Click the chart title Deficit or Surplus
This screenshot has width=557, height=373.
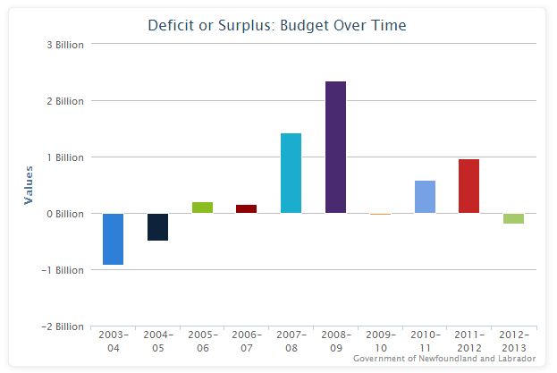[x=277, y=25]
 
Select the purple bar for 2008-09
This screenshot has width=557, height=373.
[x=335, y=148]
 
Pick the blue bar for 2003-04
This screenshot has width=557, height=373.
[x=113, y=239]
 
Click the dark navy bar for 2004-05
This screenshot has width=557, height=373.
[x=157, y=227]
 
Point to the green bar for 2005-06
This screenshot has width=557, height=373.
[x=202, y=208]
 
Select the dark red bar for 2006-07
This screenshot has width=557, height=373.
[x=247, y=208]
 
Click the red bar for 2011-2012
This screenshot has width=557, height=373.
[x=469, y=186]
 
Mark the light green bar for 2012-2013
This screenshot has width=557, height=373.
[x=513, y=218]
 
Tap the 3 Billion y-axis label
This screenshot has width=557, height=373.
[x=64, y=45]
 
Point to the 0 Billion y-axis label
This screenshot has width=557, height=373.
[x=64, y=214]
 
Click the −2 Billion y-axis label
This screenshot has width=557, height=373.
[x=63, y=326]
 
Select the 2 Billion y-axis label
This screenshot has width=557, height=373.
[x=64, y=101]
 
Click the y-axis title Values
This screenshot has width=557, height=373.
[x=28, y=185]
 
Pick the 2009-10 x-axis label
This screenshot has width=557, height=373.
[x=380, y=341]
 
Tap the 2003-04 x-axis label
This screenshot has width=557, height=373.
[x=113, y=341]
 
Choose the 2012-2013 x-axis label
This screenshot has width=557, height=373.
[x=513, y=341]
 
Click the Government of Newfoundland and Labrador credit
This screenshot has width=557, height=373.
[x=443, y=358]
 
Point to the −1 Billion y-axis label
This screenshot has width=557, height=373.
[x=63, y=270]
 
